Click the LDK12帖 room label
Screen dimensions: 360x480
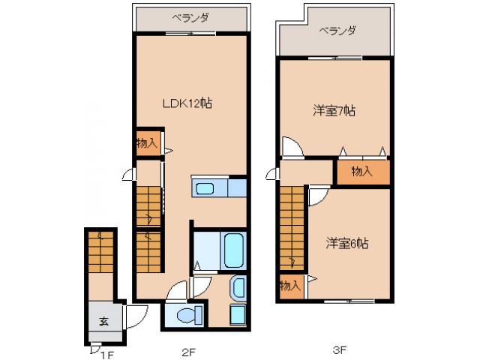point(187,104)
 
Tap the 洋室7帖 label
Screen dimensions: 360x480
point(334,111)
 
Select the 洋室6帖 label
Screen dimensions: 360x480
point(346,243)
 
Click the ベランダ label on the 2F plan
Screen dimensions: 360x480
point(190,16)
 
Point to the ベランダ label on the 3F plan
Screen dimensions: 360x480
point(337,31)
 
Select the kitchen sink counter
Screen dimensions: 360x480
point(218,187)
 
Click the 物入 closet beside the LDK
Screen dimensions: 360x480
point(147,142)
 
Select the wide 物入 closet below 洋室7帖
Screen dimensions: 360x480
point(361,172)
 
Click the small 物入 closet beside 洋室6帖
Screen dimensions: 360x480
point(289,286)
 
